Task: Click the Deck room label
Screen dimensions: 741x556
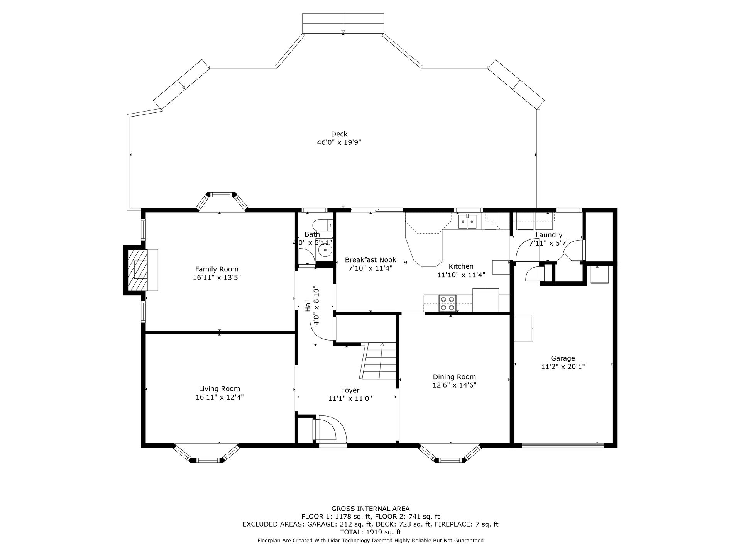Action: click(x=339, y=134)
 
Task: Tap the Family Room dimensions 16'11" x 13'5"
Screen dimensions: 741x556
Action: click(x=217, y=278)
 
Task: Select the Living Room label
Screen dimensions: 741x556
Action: click(x=220, y=389)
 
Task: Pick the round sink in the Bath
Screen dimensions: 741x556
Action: click(x=327, y=250)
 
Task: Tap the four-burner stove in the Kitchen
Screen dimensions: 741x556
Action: click(x=448, y=303)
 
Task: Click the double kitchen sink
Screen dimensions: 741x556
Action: click(x=467, y=222)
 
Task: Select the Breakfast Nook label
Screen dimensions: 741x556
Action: click(x=370, y=260)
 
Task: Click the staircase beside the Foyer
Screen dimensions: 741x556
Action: click(x=379, y=361)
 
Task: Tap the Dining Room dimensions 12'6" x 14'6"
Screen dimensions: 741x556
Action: click(x=454, y=385)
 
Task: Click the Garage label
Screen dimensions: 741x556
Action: click(x=563, y=358)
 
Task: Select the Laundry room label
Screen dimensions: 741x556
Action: click(x=549, y=235)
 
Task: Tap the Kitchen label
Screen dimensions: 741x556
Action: click(x=461, y=266)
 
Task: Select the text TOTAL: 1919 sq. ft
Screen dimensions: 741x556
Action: click(x=370, y=532)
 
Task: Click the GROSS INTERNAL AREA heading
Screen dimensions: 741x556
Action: click(x=370, y=509)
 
